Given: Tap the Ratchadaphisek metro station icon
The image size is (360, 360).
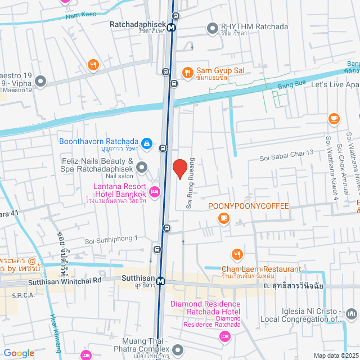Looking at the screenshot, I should pos(171,26).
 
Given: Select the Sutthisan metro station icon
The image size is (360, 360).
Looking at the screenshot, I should pos(161,281).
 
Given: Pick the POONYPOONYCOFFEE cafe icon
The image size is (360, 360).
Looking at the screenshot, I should pos(224,218).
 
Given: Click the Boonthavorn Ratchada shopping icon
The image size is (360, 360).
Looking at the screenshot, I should pos(146,144).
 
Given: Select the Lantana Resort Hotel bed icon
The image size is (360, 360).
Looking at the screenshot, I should pos(155,192).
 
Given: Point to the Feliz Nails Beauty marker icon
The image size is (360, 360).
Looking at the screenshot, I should pos(142,166).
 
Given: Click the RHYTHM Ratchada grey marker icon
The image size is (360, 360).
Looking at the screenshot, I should pos(212,27).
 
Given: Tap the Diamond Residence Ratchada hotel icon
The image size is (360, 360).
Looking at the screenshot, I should pos(224,336).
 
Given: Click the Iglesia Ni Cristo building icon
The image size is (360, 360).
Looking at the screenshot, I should pos(352,313).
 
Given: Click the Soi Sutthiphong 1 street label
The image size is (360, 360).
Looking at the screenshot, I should pos(111,240).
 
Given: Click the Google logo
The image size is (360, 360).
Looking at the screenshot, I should pos(19,353).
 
